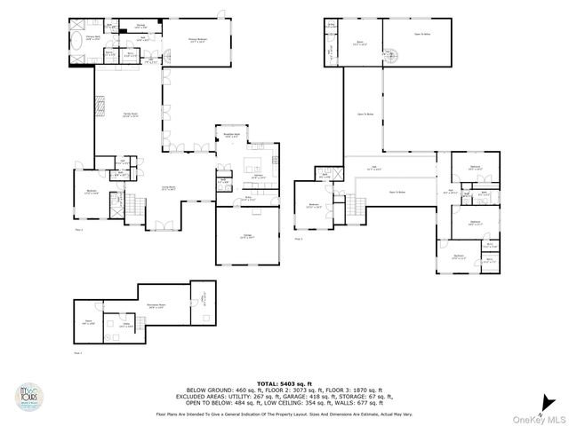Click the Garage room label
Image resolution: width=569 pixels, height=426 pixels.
coord(246,237)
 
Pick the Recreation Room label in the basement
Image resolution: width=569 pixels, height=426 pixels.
coord(158,305)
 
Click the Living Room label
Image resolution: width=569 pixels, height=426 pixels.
coord(166,188)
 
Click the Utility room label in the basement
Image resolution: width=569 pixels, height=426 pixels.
coord(116,326)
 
